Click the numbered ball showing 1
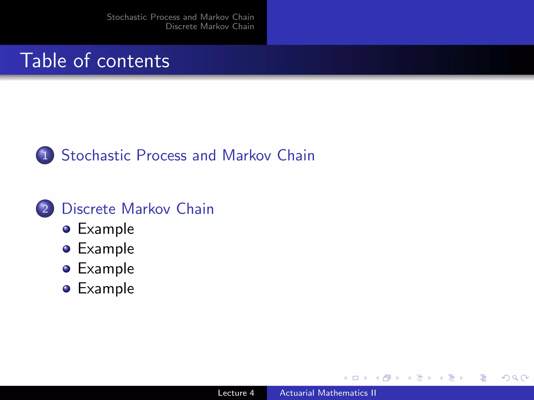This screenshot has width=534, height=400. [x=45, y=155]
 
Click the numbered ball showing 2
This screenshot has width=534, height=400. [x=45, y=209]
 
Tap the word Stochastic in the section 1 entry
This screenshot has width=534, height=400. [x=96, y=155]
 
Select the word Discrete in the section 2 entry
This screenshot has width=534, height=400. [x=89, y=209]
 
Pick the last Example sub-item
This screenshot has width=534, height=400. [x=106, y=289]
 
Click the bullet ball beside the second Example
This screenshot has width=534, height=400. [x=66, y=249]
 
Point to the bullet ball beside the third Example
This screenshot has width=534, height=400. [x=66, y=269]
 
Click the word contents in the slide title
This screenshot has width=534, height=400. [x=133, y=61]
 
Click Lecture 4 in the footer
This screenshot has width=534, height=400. [x=236, y=393]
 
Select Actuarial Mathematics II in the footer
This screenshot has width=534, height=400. [x=328, y=393]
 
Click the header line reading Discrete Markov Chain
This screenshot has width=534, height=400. [x=210, y=26]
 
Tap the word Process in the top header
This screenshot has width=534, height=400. [x=165, y=17]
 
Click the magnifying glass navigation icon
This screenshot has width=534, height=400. [x=515, y=378]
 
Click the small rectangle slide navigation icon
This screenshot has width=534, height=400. [x=355, y=378]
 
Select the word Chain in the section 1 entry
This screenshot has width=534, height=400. [x=296, y=155]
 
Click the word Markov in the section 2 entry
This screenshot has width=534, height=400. [x=146, y=209]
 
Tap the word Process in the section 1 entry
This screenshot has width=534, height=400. [x=161, y=155]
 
